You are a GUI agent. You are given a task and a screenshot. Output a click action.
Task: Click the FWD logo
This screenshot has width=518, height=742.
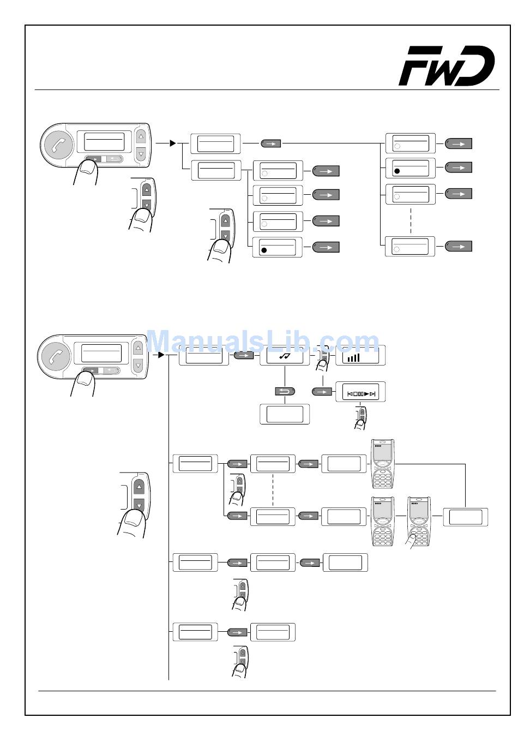[x=447, y=66]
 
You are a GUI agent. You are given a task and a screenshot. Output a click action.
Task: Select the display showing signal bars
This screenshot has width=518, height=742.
[x=360, y=356]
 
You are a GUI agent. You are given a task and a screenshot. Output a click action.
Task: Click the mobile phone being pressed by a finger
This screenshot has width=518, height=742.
[x=419, y=521]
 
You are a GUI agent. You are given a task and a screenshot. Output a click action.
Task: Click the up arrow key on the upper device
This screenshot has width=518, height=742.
[x=141, y=136]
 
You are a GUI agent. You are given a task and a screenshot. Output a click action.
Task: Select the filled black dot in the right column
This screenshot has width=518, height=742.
[x=397, y=171]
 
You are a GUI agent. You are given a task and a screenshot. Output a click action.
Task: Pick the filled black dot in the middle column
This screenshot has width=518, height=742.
[x=264, y=250]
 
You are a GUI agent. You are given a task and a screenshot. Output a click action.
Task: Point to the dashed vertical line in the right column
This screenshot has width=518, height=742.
[x=410, y=220]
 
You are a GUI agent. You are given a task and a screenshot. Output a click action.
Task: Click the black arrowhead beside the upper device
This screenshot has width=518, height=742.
[x=172, y=143]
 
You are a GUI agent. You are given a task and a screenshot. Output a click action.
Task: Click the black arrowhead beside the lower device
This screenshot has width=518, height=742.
[x=161, y=355]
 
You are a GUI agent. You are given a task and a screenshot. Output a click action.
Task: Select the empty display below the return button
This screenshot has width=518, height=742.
[x=285, y=414]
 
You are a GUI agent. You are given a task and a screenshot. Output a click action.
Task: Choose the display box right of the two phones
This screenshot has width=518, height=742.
[x=465, y=517]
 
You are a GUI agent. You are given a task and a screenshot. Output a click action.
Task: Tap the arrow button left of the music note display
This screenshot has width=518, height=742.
[x=244, y=356]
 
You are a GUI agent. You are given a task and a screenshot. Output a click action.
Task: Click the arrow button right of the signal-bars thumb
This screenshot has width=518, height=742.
[x=322, y=391]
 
